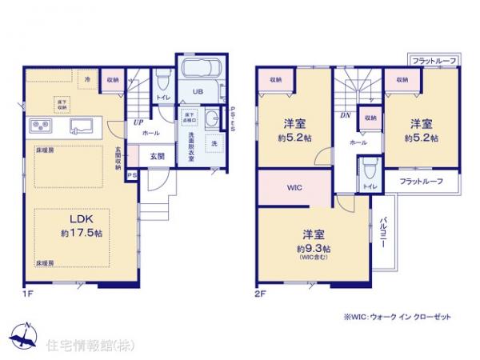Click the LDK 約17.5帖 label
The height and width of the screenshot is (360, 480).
click(71, 226)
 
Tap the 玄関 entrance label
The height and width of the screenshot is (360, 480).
click(157, 157)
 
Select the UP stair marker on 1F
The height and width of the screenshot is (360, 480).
click(138, 122)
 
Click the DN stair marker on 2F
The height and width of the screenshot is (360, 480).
click(345, 114)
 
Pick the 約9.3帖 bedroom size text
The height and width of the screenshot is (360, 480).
click(313, 248)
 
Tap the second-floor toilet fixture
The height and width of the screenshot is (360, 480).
click(368, 170)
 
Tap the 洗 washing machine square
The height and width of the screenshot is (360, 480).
click(214, 142)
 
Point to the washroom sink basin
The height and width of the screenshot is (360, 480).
click(210, 120)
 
